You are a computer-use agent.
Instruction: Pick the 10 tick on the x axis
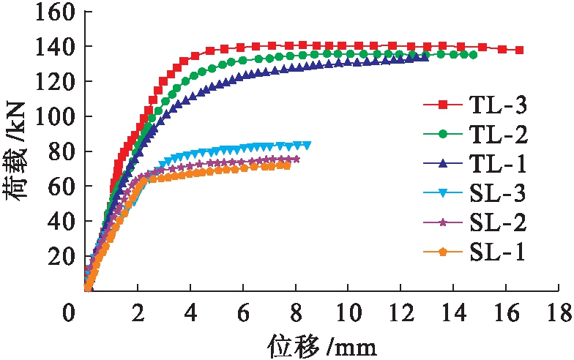(x=348, y=313)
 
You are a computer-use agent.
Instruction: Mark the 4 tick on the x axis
(x=191, y=313)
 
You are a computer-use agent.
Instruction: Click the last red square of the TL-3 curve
(x=520, y=50)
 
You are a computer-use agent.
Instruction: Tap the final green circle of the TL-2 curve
(x=473, y=55)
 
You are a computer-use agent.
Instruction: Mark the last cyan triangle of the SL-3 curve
(x=307, y=145)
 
